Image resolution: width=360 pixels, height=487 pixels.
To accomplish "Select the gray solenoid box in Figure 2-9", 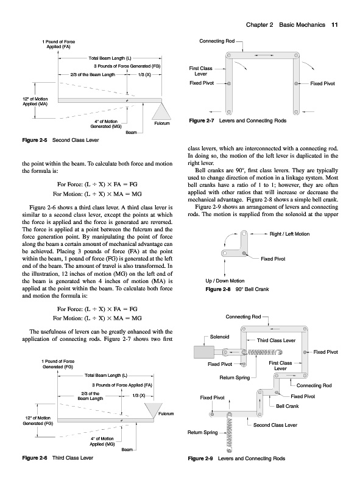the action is [x=203, y=352].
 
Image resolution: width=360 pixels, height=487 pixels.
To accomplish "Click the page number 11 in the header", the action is [x=334, y=25].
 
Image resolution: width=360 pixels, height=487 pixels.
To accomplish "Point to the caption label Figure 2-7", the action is [x=202, y=121].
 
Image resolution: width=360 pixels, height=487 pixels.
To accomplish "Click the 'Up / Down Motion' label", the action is [x=225, y=281].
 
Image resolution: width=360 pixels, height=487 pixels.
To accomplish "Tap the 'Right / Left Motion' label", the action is [x=289, y=234].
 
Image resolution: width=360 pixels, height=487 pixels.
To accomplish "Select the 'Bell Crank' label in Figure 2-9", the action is [x=288, y=406].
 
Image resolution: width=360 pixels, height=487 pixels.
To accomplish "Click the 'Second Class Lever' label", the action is [x=275, y=425].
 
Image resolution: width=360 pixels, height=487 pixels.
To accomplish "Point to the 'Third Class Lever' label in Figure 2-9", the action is [x=276, y=340].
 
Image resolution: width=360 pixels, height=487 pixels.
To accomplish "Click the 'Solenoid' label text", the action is [x=219, y=337].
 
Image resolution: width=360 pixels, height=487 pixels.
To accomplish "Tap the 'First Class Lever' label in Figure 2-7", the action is [x=200, y=71].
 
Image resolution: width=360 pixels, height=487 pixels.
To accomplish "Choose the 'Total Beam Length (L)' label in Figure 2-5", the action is [x=110, y=58].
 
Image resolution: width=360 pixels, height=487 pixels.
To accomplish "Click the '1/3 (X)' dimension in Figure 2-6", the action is [x=139, y=396].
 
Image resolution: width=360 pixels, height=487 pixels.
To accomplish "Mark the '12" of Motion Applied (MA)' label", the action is [x=35, y=102].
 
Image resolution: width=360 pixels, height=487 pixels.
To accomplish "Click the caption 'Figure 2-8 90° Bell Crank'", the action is [x=237, y=289].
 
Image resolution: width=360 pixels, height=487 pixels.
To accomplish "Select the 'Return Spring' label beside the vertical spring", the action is [x=202, y=432].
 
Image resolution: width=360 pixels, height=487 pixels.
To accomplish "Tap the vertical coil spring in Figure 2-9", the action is [x=230, y=432].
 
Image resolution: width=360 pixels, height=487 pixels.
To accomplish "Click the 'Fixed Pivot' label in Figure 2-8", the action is [x=273, y=259].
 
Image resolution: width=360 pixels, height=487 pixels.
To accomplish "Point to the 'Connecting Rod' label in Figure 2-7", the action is [x=217, y=41].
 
